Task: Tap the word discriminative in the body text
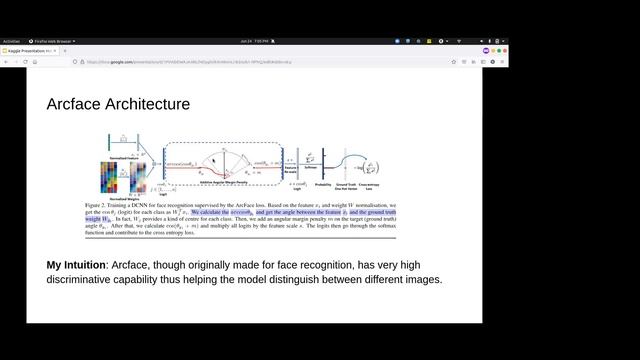[85, 280]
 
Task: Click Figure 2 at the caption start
[98, 205]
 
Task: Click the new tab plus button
[65, 50]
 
